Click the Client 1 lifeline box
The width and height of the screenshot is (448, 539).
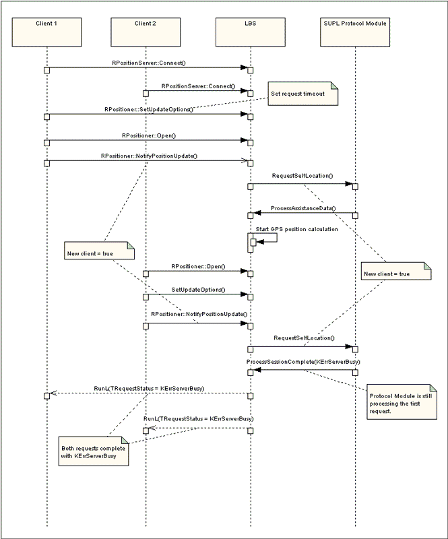click(x=46, y=32)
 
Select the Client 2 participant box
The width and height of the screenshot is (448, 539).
click(x=146, y=32)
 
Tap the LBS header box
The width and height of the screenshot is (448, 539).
click(x=251, y=32)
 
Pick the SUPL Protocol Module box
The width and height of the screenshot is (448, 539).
click(x=355, y=32)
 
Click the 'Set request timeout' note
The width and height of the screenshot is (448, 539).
click(x=303, y=94)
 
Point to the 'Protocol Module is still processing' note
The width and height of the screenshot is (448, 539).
click(x=402, y=402)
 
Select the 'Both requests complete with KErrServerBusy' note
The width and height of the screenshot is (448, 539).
click(x=94, y=451)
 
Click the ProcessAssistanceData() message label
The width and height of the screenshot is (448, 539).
click(x=303, y=208)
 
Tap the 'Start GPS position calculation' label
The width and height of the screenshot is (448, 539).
click(x=296, y=229)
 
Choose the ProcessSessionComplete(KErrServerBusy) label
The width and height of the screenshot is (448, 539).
click(x=303, y=362)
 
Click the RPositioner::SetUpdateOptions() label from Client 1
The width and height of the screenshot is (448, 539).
click(x=149, y=109)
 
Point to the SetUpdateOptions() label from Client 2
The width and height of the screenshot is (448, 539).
click(x=198, y=290)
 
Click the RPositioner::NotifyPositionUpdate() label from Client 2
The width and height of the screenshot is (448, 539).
click(x=199, y=314)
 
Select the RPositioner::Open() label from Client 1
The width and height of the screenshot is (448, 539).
click(x=149, y=135)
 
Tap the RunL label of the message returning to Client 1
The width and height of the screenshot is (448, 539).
click(x=149, y=389)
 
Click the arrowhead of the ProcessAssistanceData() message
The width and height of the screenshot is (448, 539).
click(x=257, y=213)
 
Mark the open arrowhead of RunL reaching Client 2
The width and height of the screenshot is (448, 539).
click(x=152, y=428)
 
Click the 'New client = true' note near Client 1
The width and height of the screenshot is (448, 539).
click(x=99, y=250)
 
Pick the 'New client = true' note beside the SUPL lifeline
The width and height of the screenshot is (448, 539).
click(x=396, y=271)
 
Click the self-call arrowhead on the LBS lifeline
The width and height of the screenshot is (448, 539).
click(x=260, y=242)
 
